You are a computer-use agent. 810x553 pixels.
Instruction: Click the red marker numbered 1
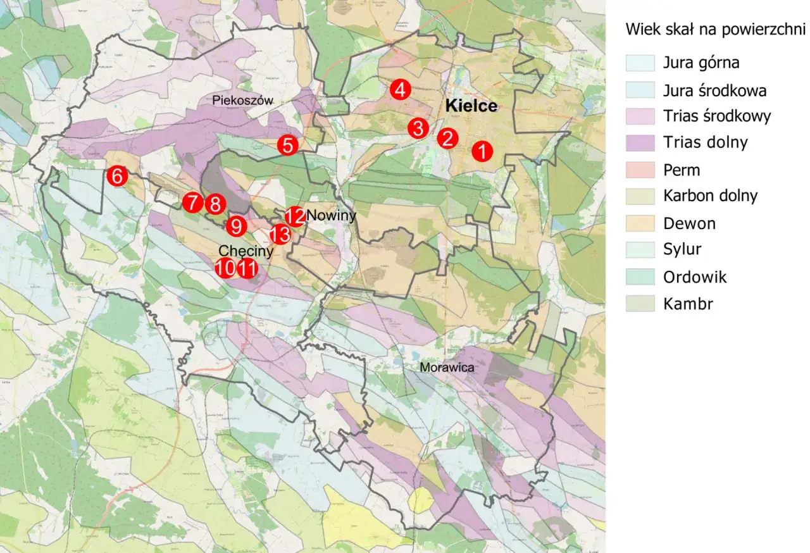482,151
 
